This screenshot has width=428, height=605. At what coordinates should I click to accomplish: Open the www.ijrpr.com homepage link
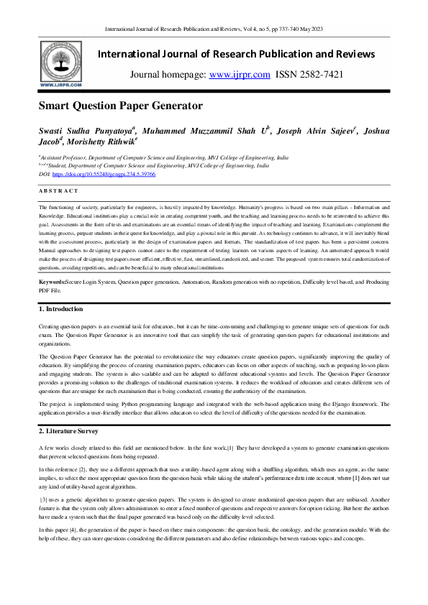(239, 75)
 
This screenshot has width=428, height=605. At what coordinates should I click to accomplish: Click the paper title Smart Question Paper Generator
(121, 106)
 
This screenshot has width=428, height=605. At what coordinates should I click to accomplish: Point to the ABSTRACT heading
(58, 190)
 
